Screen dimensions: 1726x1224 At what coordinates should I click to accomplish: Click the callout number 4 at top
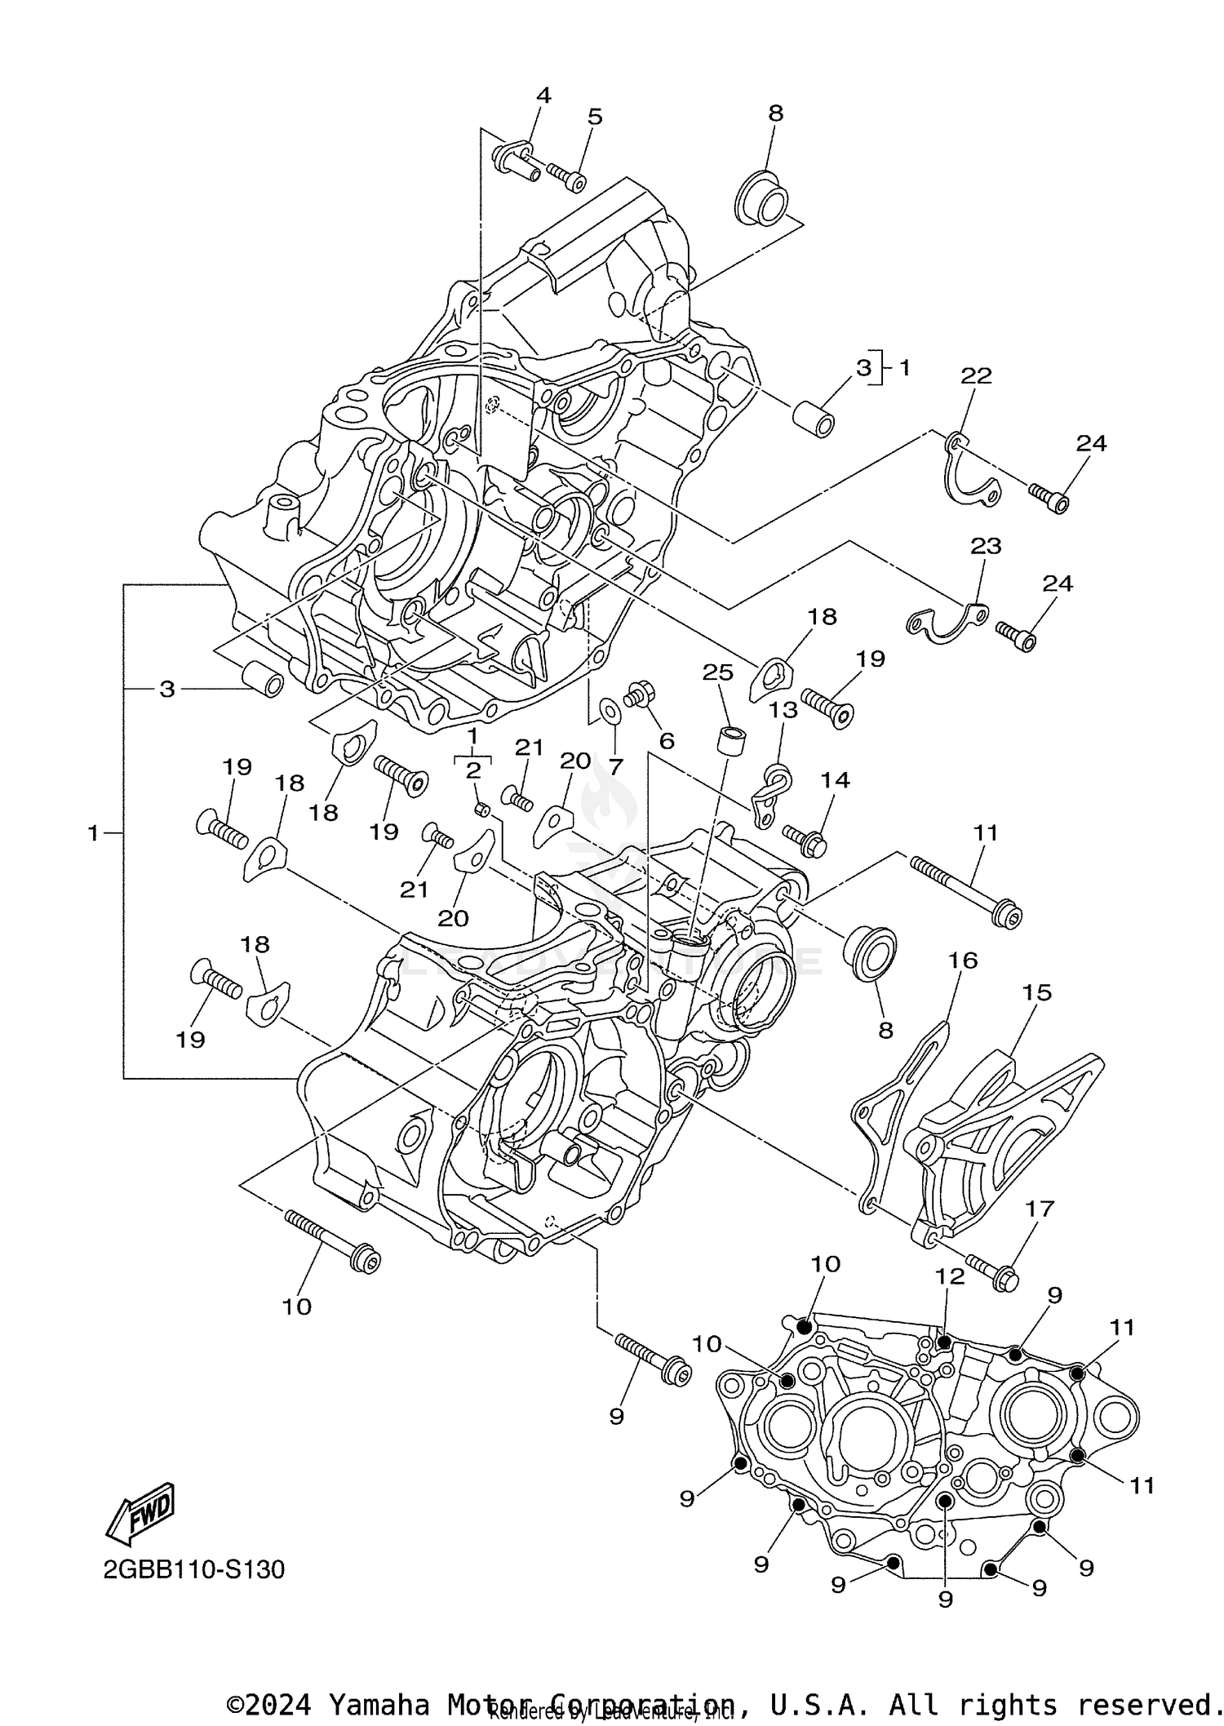click(543, 95)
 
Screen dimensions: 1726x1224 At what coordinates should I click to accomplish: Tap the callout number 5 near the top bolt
click(595, 117)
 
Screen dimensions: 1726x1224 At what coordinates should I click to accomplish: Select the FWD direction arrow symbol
click(140, 1514)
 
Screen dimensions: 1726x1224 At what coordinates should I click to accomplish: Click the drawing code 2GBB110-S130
click(194, 1569)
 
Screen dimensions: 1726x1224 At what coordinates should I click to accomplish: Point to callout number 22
click(976, 375)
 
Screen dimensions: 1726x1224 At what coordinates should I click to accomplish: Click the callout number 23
click(986, 545)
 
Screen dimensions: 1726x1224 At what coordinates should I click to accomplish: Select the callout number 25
click(718, 672)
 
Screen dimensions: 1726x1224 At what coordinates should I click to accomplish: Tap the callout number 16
click(963, 961)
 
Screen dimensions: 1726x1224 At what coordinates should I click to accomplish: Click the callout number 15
click(1036, 992)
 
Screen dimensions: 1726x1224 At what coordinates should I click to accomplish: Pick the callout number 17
click(1040, 1209)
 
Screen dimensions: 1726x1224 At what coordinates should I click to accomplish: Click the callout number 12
click(950, 1276)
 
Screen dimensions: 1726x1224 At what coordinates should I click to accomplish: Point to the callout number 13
click(783, 710)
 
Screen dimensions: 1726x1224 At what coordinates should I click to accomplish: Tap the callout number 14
click(835, 780)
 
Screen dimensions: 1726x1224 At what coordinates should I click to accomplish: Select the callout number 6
click(667, 741)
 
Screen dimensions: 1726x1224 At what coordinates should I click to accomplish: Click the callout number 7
click(615, 766)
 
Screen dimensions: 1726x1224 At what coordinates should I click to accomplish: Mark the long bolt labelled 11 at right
click(963, 890)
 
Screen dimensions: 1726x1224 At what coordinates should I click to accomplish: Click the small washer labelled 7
click(609, 711)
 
